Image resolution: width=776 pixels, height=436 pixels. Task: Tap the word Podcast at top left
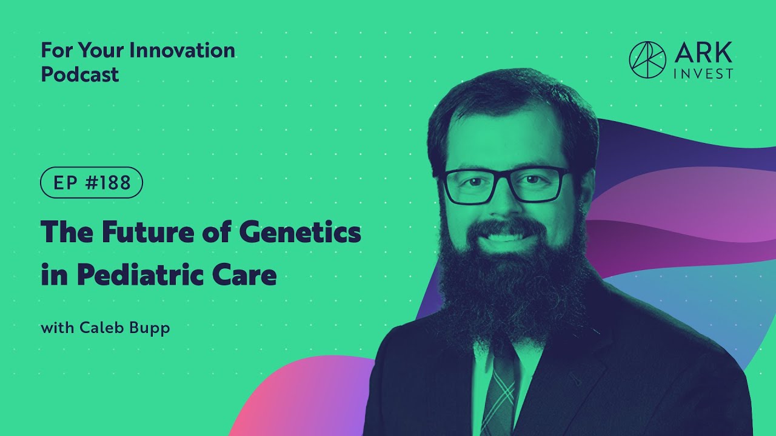pyautogui.click(x=79, y=74)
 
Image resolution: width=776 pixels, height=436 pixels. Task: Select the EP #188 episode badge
pyautogui.click(x=92, y=183)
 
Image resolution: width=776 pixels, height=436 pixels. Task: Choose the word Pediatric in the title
pyautogui.click(x=141, y=275)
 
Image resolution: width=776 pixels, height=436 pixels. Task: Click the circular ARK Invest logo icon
pyautogui.click(x=647, y=59)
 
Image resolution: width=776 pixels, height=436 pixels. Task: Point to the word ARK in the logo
pyautogui.click(x=703, y=53)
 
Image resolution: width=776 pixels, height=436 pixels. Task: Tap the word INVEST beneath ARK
pyautogui.click(x=703, y=74)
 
